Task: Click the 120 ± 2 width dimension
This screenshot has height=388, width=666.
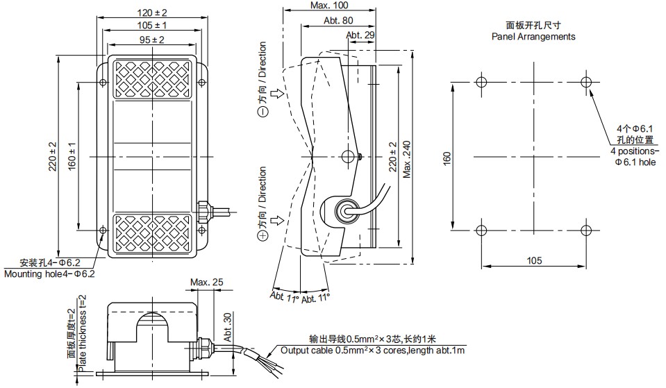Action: [151, 12]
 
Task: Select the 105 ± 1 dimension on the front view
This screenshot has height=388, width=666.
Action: [151, 26]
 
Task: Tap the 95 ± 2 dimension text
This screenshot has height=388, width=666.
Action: [151, 40]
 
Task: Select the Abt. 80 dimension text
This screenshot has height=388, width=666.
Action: [338, 20]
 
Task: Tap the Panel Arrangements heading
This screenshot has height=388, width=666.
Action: [533, 37]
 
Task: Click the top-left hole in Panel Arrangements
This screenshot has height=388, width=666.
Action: [481, 82]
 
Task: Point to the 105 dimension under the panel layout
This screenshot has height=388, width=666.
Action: [533, 260]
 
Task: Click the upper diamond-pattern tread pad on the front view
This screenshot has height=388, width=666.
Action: [151, 78]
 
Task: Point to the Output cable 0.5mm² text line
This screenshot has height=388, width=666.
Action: [373, 351]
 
